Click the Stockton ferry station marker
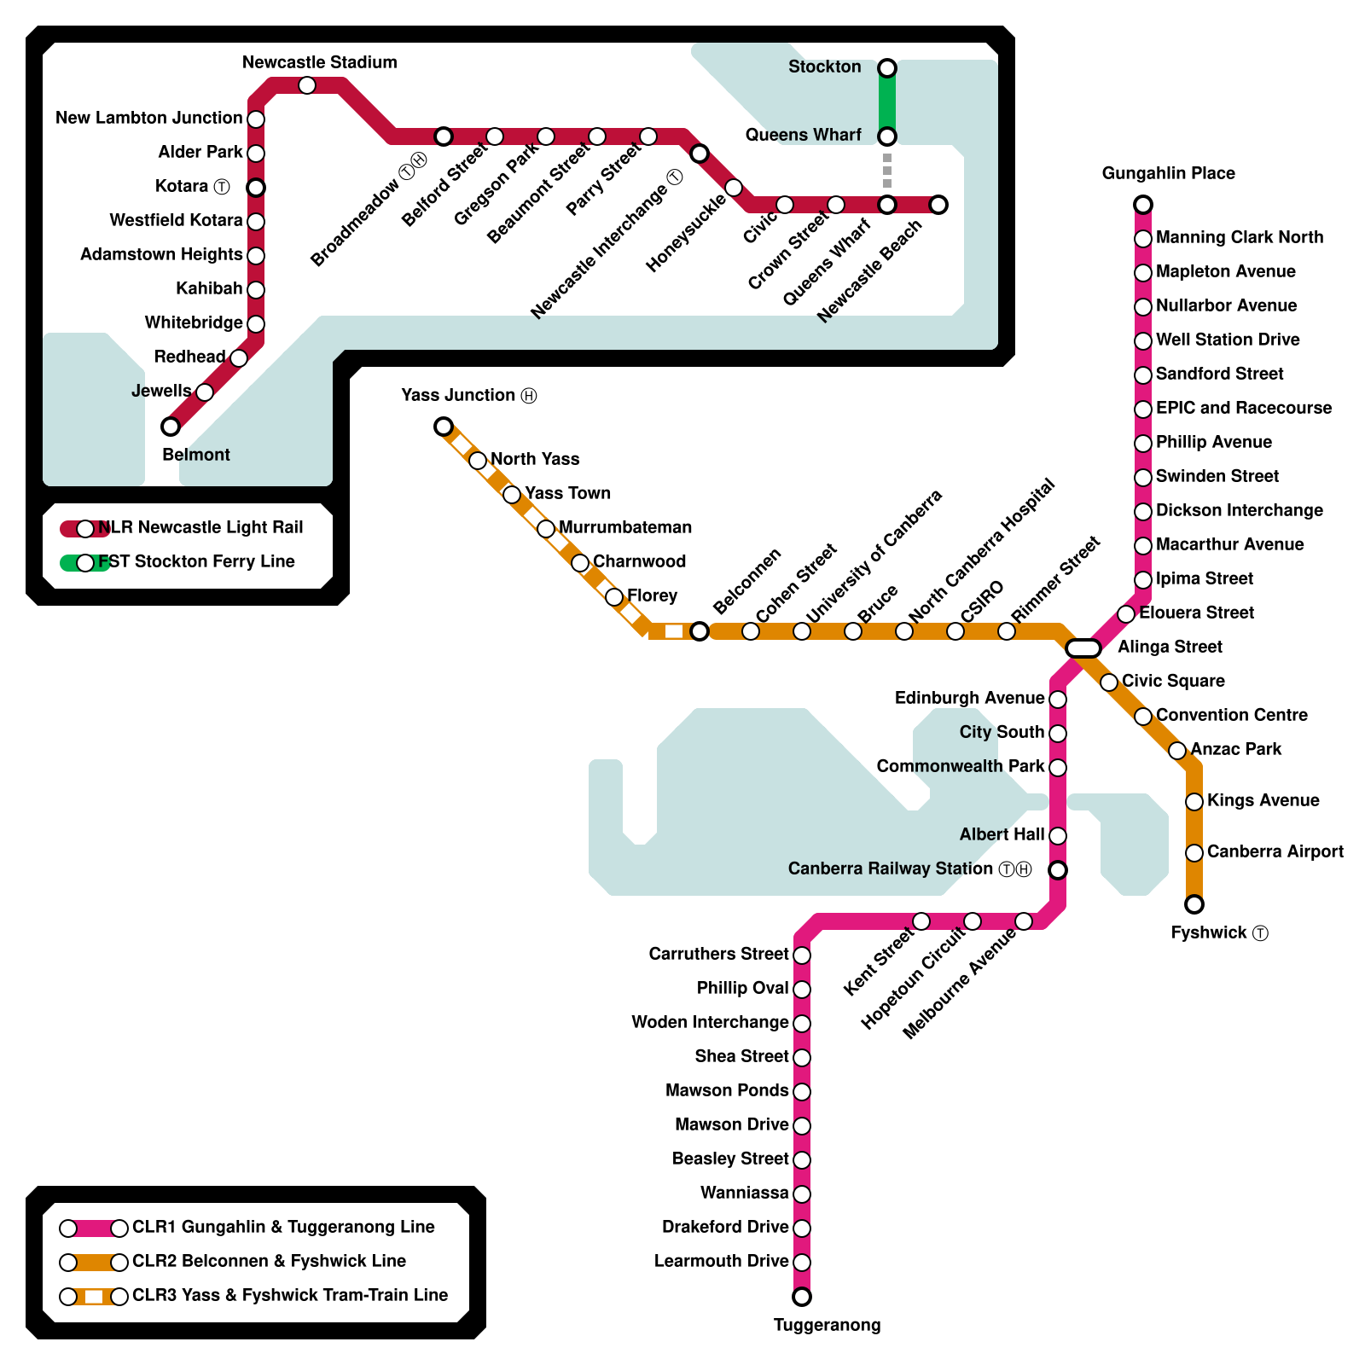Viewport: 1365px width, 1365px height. [887, 68]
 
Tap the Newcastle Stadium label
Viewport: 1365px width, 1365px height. [320, 62]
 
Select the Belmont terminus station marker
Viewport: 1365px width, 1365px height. [171, 427]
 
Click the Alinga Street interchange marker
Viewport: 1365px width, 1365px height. [1083, 648]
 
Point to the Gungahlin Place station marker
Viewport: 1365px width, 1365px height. [1143, 205]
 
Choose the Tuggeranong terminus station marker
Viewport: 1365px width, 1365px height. [802, 1297]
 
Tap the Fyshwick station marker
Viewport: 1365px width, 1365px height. [1194, 904]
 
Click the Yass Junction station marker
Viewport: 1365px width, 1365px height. [444, 427]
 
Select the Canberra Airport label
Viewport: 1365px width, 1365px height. [1275, 851]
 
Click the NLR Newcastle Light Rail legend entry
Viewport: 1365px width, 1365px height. [182, 528]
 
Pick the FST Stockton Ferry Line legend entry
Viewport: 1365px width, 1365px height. [177, 562]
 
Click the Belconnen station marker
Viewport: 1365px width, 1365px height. [700, 631]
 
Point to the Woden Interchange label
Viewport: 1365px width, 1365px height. [710, 1022]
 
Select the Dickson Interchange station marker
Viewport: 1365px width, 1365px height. [1143, 512]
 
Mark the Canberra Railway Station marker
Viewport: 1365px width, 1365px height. [1058, 870]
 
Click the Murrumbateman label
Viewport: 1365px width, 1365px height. [625, 527]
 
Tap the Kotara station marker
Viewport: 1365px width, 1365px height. [256, 188]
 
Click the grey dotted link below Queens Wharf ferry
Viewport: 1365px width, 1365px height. [887, 171]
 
